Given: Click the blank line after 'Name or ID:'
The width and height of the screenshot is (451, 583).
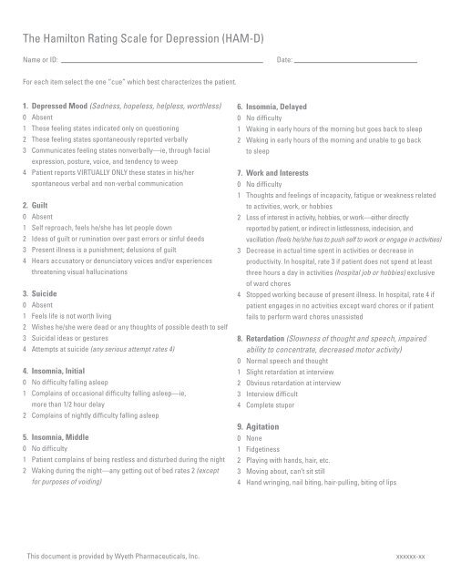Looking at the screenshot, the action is [164, 62].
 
